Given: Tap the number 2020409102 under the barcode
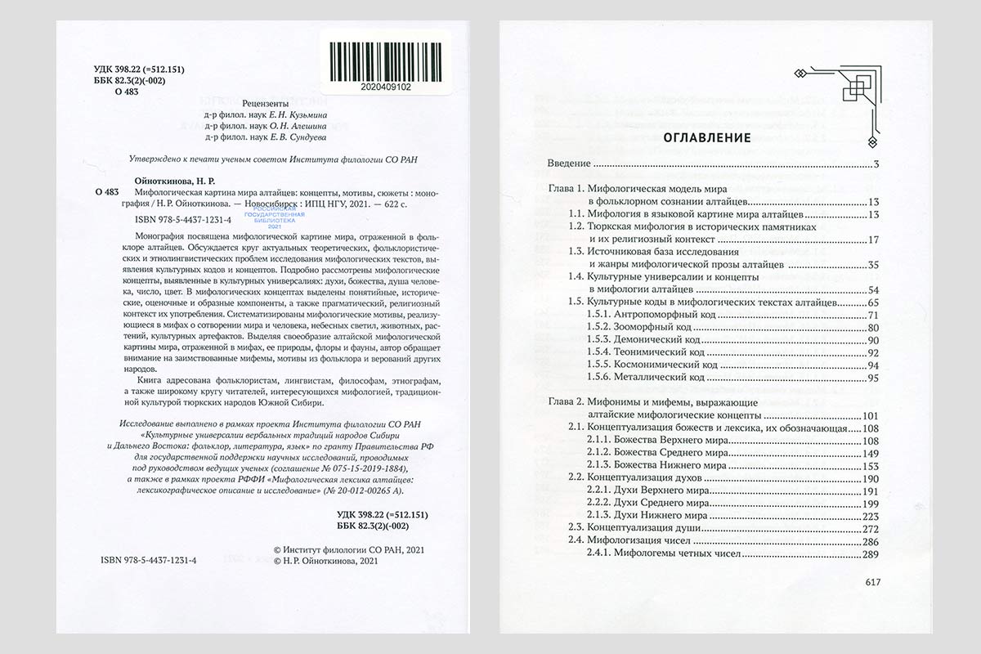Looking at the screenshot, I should click(x=384, y=85).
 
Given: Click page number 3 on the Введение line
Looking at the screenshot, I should click(x=875, y=165).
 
